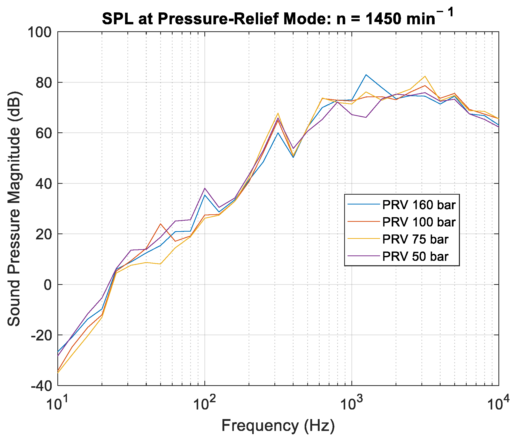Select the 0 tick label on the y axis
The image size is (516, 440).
click(48, 285)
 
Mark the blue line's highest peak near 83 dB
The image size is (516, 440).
click(366, 75)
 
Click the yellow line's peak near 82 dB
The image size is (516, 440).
click(425, 76)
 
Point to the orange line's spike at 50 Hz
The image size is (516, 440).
click(160, 224)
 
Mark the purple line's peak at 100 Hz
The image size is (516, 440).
click(205, 188)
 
